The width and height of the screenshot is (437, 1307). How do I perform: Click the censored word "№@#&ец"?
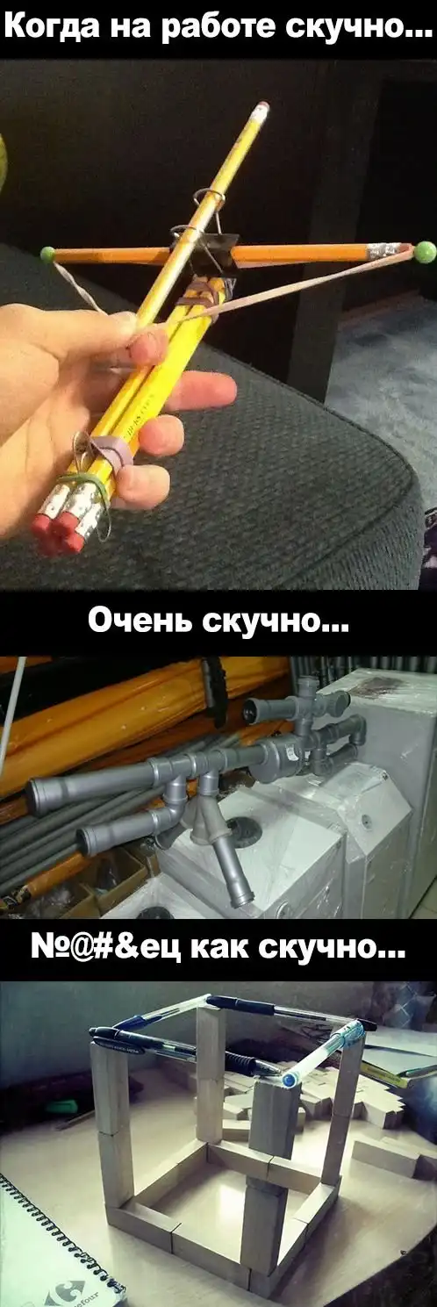(x=108, y=950)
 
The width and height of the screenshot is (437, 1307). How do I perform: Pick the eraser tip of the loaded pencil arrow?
(x=262, y=107)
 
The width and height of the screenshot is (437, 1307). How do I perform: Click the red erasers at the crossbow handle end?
(x=57, y=531)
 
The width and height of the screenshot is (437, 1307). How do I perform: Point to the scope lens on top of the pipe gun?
(x=252, y=709)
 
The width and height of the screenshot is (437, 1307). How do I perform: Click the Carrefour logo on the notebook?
(x=69, y=1290)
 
